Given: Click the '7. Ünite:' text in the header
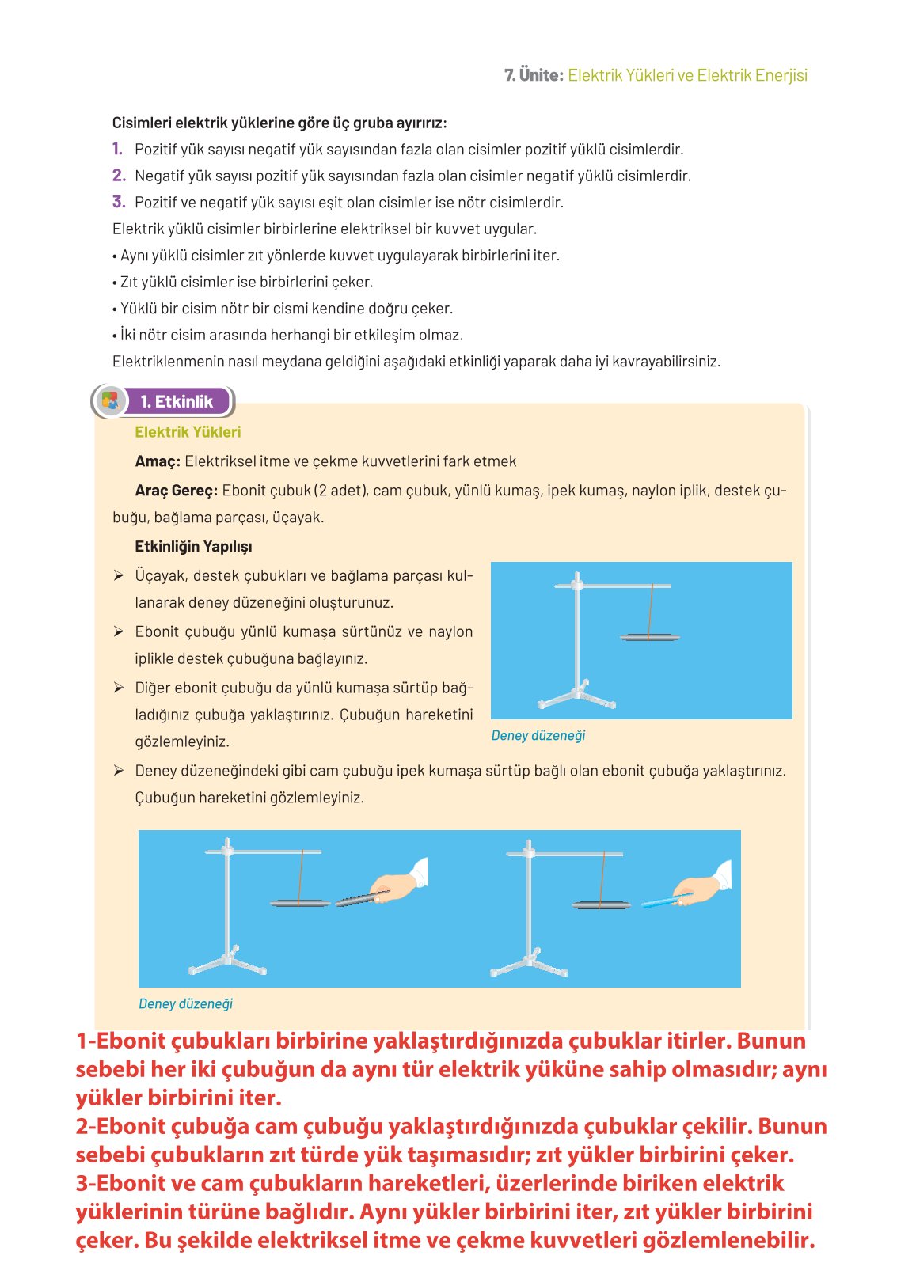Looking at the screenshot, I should click(534, 75).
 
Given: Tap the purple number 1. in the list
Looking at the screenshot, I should click(117, 149).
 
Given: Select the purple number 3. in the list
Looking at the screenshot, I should click(119, 202).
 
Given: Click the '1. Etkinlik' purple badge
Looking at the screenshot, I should click(176, 401).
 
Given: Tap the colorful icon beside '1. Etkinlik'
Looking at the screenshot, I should click(110, 401).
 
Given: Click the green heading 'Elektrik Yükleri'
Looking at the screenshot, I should click(188, 432).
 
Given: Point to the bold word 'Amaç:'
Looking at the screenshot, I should click(158, 461).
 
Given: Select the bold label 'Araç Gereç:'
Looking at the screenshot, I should click(176, 491).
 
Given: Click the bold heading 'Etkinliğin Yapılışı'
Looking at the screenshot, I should click(193, 547).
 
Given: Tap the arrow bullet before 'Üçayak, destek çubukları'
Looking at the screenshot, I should click(118, 575).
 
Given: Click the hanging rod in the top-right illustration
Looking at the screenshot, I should click(649, 637).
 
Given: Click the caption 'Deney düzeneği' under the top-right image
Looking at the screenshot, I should click(538, 735).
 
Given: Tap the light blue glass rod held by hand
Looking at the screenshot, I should click(663, 901).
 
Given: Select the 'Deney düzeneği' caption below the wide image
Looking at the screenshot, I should click(185, 1003).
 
